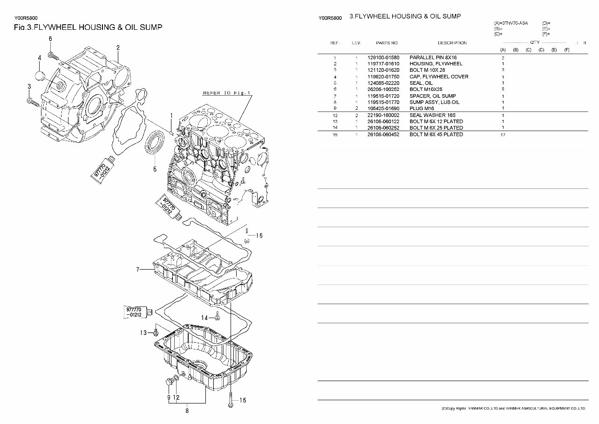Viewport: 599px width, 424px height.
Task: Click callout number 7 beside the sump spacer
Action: [x=138, y=269]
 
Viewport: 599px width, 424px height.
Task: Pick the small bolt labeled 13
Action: [x=156, y=333]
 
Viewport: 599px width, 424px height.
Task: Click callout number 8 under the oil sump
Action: [x=187, y=411]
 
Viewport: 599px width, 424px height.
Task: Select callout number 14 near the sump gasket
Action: [x=204, y=318]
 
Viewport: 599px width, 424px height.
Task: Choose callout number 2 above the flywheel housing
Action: [x=118, y=48]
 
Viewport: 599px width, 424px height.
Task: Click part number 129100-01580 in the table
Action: [x=383, y=57]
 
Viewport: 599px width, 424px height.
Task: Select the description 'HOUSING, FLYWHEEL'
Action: [x=436, y=64]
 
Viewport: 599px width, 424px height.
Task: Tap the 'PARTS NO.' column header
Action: [x=387, y=43]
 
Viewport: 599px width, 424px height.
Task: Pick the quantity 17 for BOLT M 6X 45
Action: [x=503, y=135]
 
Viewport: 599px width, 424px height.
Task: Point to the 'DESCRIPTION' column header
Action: [x=452, y=43]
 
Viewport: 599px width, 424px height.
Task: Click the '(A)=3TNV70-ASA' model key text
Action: [x=512, y=23]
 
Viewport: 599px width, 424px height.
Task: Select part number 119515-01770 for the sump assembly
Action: [x=383, y=102]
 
